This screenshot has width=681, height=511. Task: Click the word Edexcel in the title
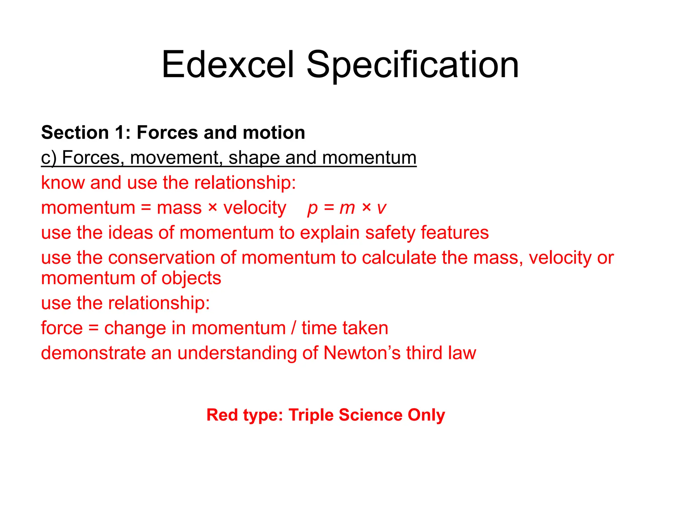(228, 65)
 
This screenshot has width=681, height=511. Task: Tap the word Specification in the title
(412, 65)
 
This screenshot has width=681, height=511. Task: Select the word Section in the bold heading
(75, 132)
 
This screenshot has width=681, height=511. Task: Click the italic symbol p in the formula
(312, 208)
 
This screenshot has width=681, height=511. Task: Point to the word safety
(390, 233)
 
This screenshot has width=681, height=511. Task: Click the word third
(424, 353)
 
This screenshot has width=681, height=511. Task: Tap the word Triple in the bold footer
(311, 415)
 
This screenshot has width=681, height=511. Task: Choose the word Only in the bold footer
(426, 415)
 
